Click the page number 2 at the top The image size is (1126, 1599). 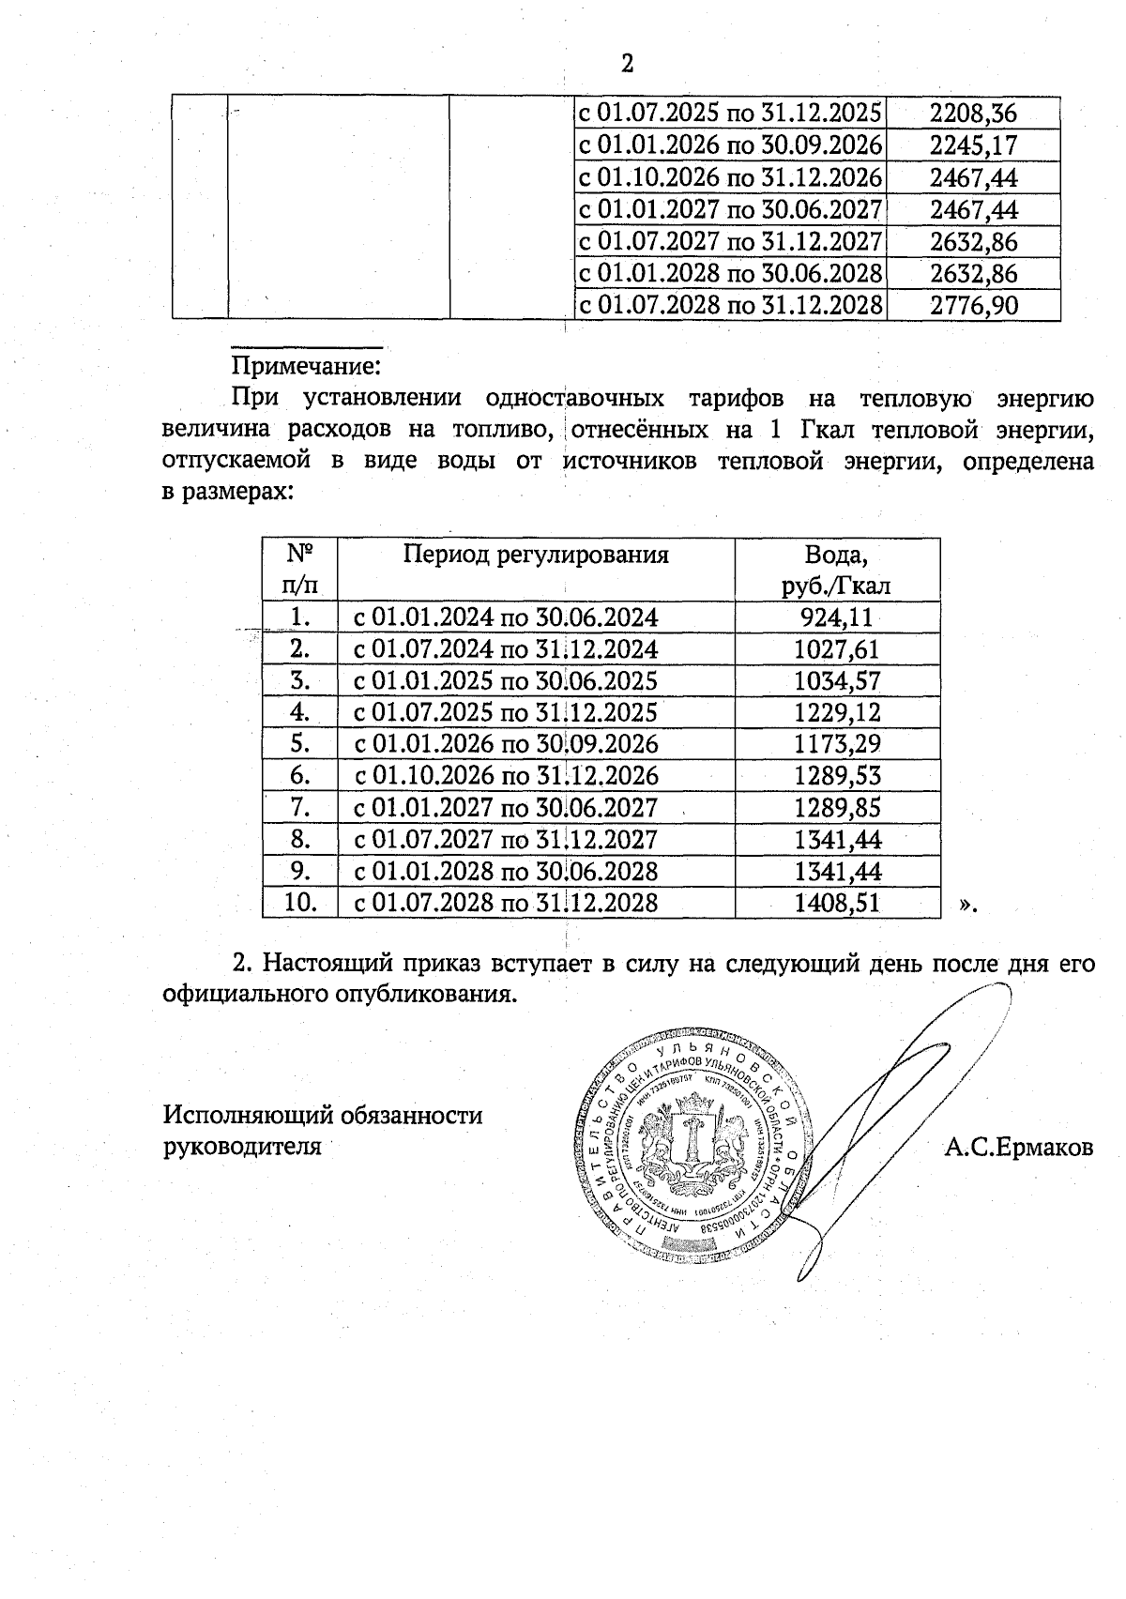coord(627,64)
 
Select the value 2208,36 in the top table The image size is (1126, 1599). coord(973,114)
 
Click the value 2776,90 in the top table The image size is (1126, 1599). coord(973,305)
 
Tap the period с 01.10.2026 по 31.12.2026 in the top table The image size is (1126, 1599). coord(730,177)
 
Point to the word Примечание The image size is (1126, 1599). coord(306,363)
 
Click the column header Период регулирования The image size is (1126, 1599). coord(536,555)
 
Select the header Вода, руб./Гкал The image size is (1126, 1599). coord(836,571)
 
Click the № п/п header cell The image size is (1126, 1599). coord(299,571)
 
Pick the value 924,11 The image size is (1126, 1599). coord(836,617)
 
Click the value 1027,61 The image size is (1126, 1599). coord(837,649)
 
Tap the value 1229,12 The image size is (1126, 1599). coord(837,712)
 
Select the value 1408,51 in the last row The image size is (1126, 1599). coord(837,903)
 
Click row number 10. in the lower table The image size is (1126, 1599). coord(299,903)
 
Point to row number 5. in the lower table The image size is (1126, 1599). coord(299,744)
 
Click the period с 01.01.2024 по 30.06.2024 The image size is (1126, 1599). coord(506,617)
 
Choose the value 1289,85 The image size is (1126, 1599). coord(837,808)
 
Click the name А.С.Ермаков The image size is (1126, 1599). coord(1019,1147)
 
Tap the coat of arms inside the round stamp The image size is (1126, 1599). coord(694,1139)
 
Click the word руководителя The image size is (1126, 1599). coord(242,1147)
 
